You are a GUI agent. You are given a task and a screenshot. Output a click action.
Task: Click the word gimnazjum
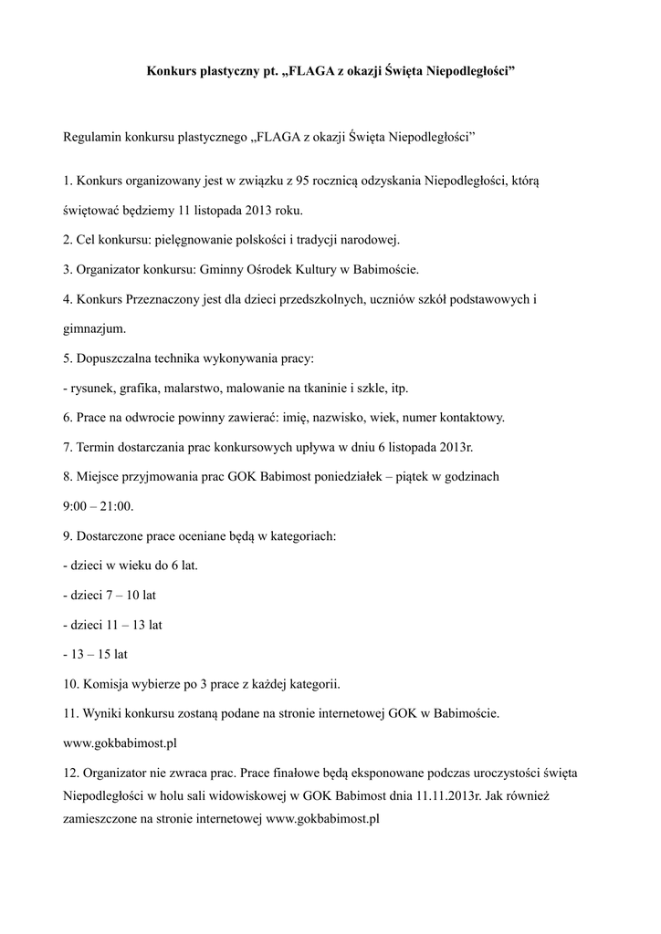[x=94, y=328]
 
